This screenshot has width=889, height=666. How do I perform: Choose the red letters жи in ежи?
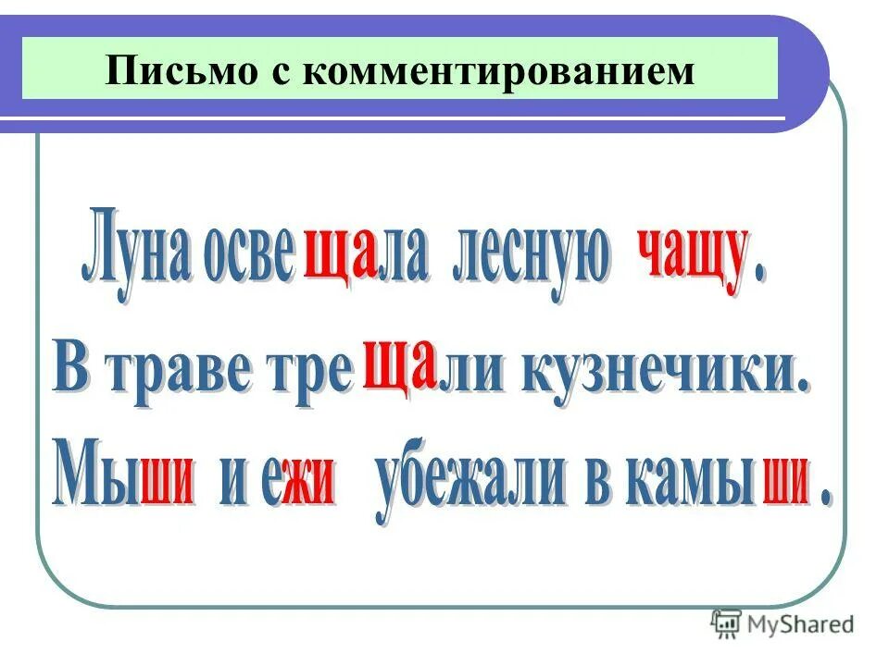tap(307, 486)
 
